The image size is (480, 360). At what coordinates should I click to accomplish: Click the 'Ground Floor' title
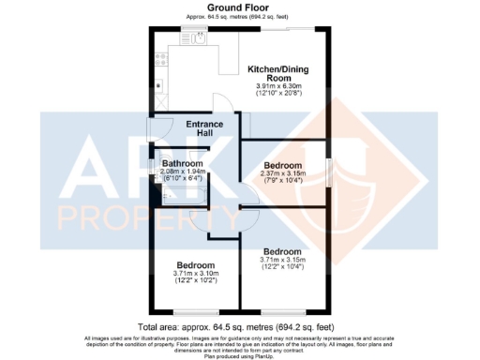(240, 8)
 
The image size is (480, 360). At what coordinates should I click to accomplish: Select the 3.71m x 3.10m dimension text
(194, 273)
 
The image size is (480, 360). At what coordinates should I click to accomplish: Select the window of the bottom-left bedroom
(193, 311)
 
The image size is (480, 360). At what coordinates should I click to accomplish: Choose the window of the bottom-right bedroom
(281, 311)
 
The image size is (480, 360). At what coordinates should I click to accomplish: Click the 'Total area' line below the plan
(240, 326)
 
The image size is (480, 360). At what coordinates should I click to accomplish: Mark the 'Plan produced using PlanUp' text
(240, 356)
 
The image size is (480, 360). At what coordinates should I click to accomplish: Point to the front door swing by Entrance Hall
(159, 129)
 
